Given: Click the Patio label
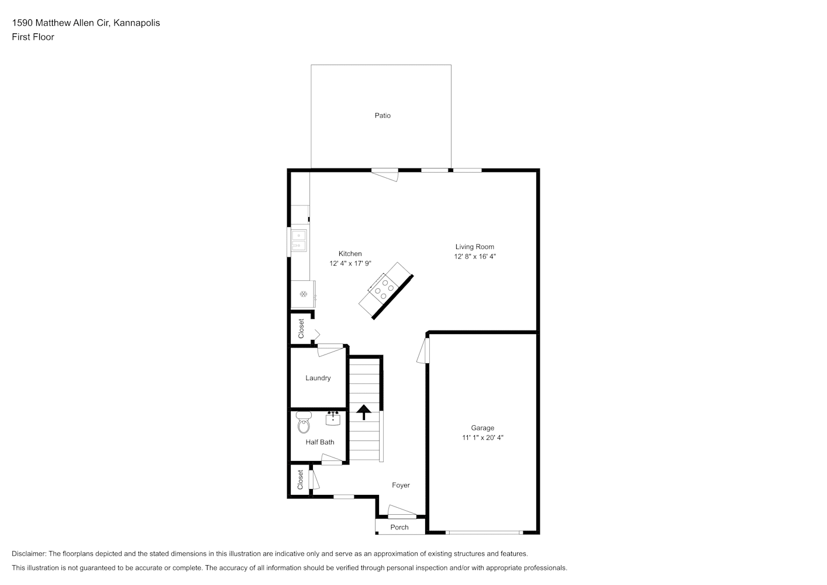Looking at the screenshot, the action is click(x=383, y=116).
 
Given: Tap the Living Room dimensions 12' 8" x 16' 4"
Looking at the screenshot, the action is click(x=475, y=256).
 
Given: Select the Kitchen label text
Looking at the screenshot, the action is click(x=350, y=254).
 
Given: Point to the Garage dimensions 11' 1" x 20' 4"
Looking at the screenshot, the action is click(x=483, y=438).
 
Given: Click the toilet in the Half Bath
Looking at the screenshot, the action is click(x=304, y=422).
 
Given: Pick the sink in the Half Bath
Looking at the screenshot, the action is click(x=333, y=418).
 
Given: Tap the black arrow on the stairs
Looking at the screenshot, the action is click(x=364, y=412).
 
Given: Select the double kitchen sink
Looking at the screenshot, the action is click(x=299, y=240).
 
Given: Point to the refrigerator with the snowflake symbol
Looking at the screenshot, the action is click(x=303, y=294).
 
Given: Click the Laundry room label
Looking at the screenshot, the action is click(x=318, y=378).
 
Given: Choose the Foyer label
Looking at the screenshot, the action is click(x=401, y=486).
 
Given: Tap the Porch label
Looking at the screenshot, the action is click(x=399, y=528).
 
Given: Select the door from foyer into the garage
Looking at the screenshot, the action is click(x=423, y=351).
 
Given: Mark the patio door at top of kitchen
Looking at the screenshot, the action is click(x=385, y=175).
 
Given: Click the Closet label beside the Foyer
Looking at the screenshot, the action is click(x=300, y=480).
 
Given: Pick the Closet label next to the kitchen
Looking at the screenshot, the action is click(x=301, y=329).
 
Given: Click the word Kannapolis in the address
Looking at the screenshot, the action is click(x=137, y=23).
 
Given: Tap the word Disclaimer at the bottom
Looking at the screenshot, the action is click(x=29, y=553).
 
